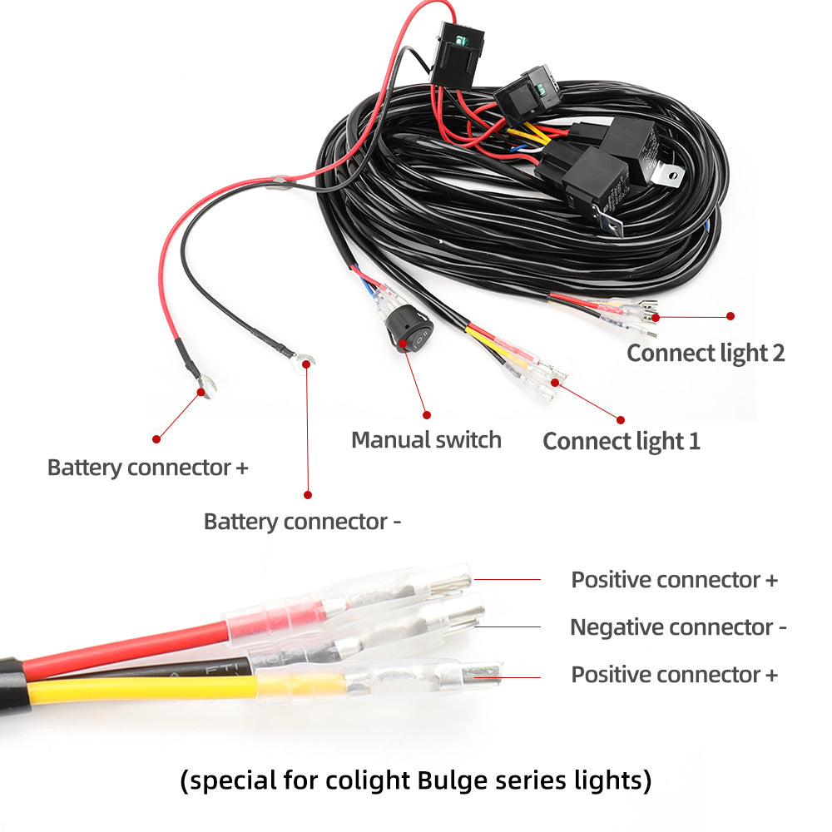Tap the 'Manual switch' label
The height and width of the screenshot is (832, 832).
(x=426, y=439)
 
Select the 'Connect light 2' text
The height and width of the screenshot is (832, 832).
(x=706, y=353)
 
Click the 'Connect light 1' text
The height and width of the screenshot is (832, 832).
(x=622, y=441)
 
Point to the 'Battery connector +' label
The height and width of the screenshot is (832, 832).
(x=148, y=467)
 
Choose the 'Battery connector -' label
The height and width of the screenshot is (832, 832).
(x=303, y=522)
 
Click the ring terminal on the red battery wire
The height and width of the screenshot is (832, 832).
(x=203, y=387)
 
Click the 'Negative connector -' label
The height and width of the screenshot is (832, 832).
(x=678, y=626)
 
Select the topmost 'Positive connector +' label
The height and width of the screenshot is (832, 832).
(x=674, y=580)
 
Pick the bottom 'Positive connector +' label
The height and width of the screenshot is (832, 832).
(x=674, y=675)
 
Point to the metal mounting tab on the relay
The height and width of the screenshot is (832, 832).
(x=669, y=175)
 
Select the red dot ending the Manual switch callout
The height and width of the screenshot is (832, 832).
(x=427, y=414)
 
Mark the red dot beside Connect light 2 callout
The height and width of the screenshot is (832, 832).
(x=730, y=316)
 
